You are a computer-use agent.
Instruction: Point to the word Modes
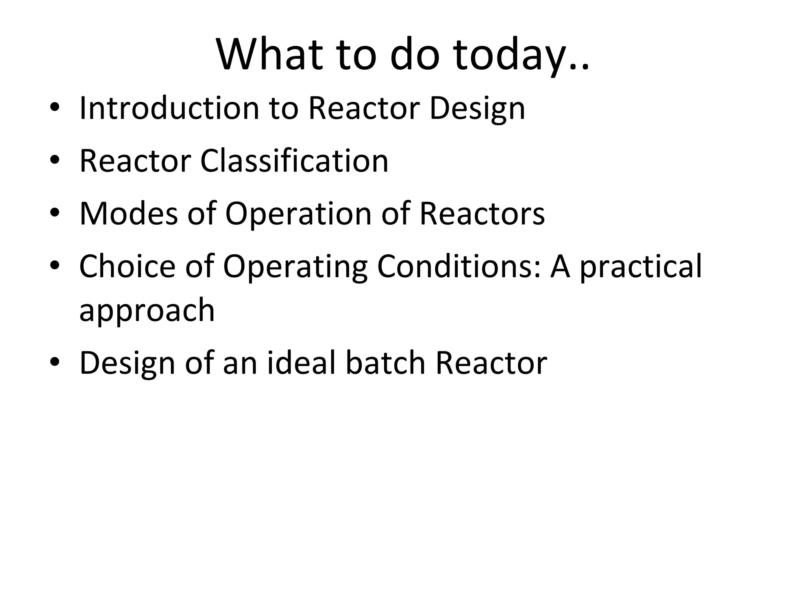[x=128, y=213]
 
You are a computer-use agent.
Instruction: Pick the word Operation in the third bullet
[x=298, y=213]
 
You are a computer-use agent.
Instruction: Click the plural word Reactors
[x=482, y=213]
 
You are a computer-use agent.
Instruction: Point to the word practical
[x=641, y=266]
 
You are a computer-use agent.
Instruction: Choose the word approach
[x=147, y=310]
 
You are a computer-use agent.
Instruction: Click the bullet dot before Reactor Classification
[x=55, y=161]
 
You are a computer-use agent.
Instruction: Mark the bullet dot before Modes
[x=55, y=214]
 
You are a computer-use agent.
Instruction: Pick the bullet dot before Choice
[x=55, y=267]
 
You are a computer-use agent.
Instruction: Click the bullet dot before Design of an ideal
[x=55, y=363]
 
